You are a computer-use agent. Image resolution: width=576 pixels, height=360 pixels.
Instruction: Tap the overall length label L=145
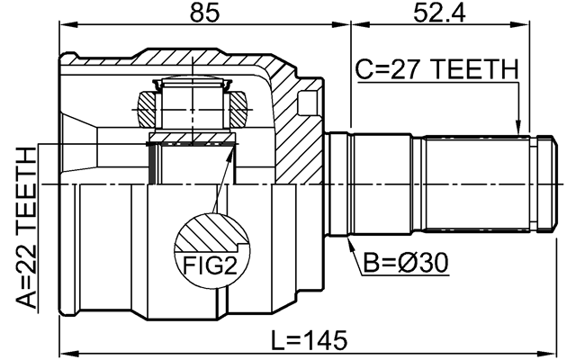point(309,341)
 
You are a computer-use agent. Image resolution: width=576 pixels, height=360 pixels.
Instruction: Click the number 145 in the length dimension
point(325,341)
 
